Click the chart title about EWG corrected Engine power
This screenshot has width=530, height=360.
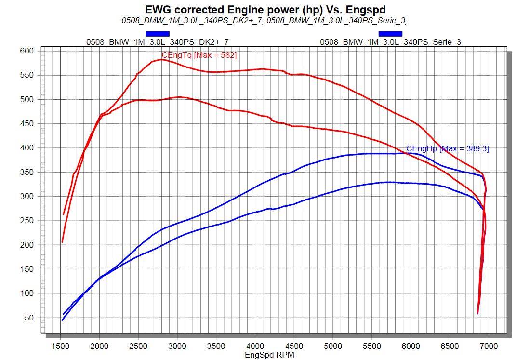(x=265, y=9)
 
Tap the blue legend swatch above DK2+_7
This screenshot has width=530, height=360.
(x=158, y=33)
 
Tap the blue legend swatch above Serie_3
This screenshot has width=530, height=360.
(x=390, y=33)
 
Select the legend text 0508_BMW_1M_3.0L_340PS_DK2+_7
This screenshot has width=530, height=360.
(x=158, y=42)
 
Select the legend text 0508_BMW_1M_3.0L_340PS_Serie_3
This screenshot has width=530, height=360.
(x=390, y=42)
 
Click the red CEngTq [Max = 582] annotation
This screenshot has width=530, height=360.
(x=199, y=55)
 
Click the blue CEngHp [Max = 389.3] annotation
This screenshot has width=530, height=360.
(x=448, y=149)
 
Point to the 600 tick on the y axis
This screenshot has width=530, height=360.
(x=26, y=51)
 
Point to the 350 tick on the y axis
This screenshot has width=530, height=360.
(x=26, y=172)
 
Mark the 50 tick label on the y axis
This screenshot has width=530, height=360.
(x=28, y=318)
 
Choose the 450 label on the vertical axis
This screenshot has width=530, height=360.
(x=26, y=124)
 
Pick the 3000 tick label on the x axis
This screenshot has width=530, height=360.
(x=177, y=346)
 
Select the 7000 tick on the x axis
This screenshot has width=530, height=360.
(x=489, y=346)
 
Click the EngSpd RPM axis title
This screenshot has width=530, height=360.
(x=269, y=355)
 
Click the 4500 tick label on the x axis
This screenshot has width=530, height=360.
(x=294, y=346)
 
